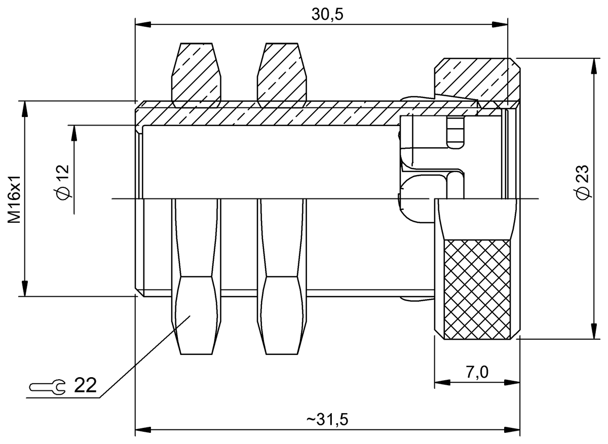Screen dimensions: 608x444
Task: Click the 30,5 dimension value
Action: (327, 14)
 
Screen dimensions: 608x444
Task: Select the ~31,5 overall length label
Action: (327, 419)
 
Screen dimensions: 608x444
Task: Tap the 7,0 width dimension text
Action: (477, 372)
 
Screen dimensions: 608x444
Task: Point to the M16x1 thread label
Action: (14, 199)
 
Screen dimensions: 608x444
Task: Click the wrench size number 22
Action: (85, 385)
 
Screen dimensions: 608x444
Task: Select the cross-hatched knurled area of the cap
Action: (477, 290)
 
